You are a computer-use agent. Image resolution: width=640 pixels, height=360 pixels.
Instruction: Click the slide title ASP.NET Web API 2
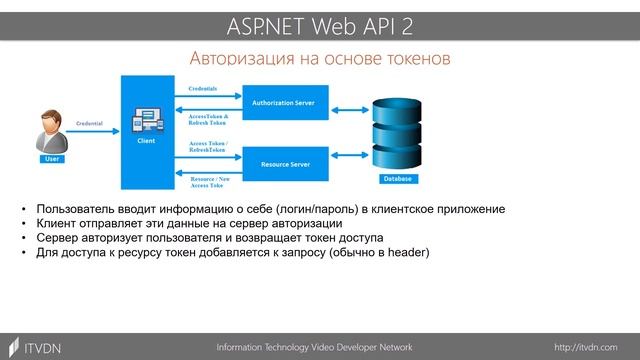coord(319,22)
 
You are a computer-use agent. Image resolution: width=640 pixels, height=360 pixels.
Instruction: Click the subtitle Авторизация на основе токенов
coord(320,59)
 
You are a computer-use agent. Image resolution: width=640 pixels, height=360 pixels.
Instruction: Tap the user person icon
coord(52,131)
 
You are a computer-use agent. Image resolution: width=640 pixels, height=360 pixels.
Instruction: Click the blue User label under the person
coord(52,159)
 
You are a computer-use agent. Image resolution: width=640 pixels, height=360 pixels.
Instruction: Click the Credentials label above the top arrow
coord(203,88)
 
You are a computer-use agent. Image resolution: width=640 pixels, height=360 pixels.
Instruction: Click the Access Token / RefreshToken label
coord(208,148)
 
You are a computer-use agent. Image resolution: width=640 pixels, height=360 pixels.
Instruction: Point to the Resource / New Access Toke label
coord(208,181)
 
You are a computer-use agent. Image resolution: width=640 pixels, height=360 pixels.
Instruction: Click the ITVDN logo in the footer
coord(37,345)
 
